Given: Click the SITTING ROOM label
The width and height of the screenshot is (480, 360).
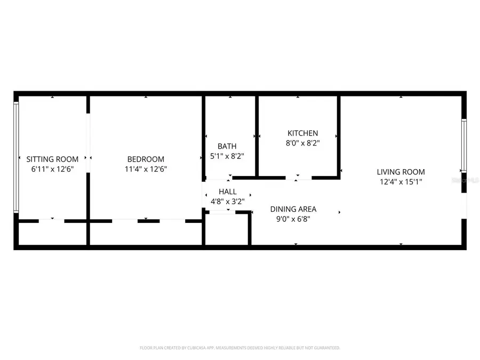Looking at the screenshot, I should [52, 159].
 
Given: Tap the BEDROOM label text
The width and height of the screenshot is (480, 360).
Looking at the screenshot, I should [146, 159].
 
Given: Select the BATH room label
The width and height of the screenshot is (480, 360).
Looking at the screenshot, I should [227, 146].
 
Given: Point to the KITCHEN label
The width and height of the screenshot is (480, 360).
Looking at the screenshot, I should [302, 133].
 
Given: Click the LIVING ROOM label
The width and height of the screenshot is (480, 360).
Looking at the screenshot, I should [401, 172].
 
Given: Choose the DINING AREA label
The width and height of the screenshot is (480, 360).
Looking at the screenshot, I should [293, 209].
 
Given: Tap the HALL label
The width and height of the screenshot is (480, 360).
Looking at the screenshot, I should [227, 191].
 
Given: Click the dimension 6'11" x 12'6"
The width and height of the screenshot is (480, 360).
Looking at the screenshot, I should [52, 169].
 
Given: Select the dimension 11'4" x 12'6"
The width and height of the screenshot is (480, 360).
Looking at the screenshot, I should [146, 169].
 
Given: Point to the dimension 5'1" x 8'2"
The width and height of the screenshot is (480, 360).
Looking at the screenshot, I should [227, 156].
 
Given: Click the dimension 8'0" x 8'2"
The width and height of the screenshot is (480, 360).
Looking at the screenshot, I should [302, 143].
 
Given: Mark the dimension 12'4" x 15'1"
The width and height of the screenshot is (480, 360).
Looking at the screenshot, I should [401, 182].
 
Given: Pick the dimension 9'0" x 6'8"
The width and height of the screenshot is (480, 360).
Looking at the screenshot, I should [293, 219].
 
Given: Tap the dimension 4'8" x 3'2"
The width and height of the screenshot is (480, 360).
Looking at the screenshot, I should [227, 202].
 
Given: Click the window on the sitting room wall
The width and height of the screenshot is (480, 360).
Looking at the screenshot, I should [16, 157].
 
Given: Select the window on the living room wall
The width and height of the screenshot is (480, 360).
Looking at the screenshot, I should [464, 146].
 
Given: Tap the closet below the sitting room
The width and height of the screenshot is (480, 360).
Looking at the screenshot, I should [52, 234].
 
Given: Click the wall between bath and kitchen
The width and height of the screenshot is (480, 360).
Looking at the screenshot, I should [257, 136].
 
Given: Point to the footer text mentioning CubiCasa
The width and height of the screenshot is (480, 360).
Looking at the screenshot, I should [239, 348].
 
